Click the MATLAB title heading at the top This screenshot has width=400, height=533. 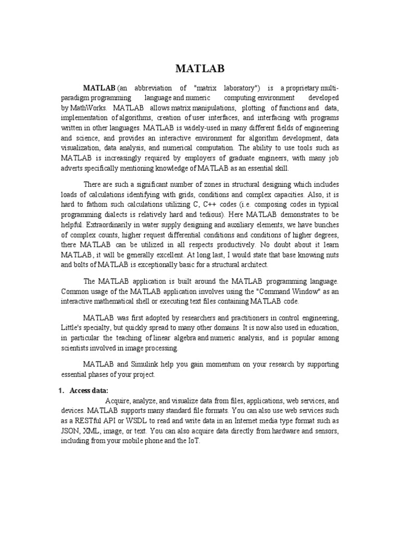(200, 69)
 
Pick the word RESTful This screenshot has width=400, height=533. (86, 421)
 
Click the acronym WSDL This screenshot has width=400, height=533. (134, 421)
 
